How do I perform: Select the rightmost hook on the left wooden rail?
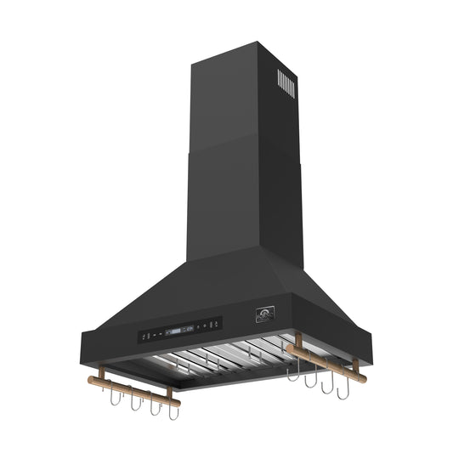[173, 417]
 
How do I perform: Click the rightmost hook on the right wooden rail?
[344, 394]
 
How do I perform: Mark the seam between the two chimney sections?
[241, 144]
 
